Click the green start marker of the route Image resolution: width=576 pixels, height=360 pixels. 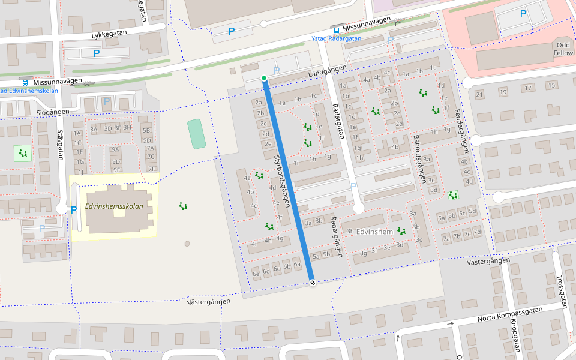coord(264,78)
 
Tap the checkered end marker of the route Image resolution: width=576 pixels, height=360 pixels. coord(311,283)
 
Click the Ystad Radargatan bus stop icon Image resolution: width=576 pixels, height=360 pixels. coord(336,29)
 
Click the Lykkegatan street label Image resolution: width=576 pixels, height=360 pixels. coord(111,35)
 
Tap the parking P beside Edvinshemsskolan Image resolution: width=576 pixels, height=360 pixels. coord(74,210)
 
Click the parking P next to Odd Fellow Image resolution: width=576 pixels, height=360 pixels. coord(523,14)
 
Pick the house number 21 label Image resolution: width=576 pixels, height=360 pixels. coord(479,95)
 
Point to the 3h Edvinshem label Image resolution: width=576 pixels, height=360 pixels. coord(370,232)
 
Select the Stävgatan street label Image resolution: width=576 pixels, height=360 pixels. coord(60,146)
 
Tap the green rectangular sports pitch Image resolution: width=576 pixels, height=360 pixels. coord(196,133)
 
